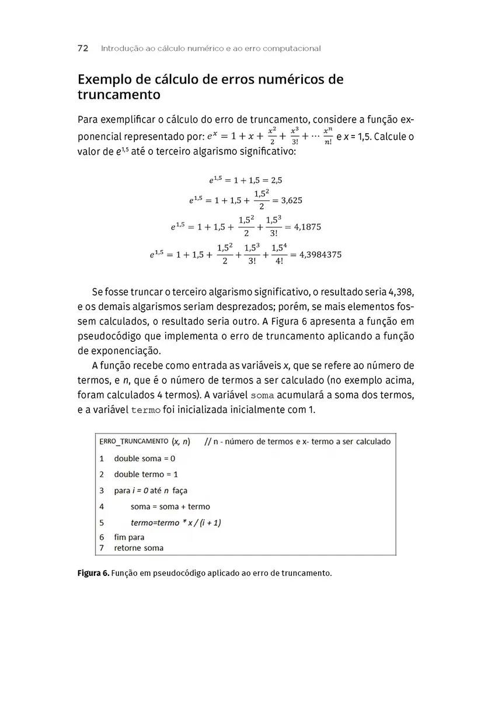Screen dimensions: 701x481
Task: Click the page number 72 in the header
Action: click(82, 48)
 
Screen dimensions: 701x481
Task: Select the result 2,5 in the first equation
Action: click(281, 181)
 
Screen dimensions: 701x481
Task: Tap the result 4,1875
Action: click(306, 227)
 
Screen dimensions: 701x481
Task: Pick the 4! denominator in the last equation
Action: click(278, 262)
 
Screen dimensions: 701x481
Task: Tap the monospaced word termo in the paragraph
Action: click(146, 410)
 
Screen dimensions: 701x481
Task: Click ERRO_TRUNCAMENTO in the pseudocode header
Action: click(134, 441)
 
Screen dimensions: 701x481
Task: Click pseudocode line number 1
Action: click(102, 459)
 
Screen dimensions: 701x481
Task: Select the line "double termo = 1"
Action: click(146, 474)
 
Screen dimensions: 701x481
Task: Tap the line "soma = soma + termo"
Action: click(170, 506)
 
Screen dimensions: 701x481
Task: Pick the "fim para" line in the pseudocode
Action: click(129, 537)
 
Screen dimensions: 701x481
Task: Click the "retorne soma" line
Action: click(138, 548)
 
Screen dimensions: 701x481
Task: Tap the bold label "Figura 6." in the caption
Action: click(93, 573)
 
